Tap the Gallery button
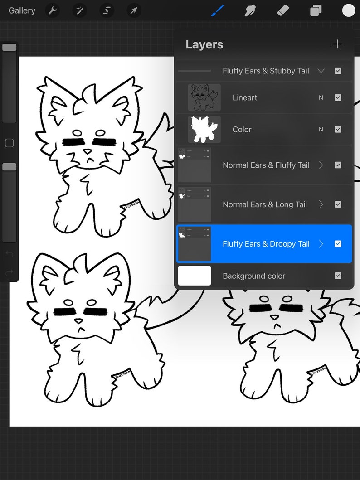pos(22,10)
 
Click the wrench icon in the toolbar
pos(53,10)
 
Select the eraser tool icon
pos(283,10)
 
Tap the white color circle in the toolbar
pos(348,10)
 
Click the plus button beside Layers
pos(337,44)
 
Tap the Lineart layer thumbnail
pos(204,97)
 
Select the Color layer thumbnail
pos(204,129)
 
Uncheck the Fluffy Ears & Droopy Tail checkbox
pos(338,244)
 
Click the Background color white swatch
pos(195,276)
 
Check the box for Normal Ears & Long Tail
pos(338,204)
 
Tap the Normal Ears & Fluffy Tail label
pos(266,165)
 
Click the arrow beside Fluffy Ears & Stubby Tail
pos(321,71)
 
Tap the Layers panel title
pos(204,44)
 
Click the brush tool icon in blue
pos(218,10)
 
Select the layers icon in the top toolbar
pos(316,10)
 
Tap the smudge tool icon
pos(250,10)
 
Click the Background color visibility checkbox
pos(338,276)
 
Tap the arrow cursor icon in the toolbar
pos(134,10)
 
